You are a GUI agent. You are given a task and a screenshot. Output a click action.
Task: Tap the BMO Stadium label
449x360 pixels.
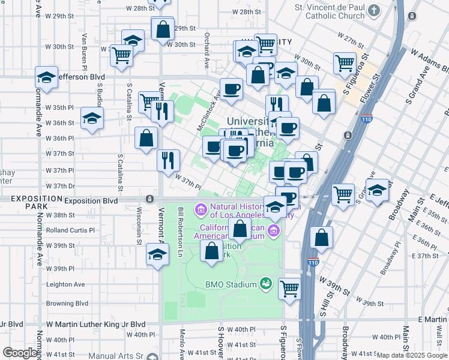click(x=231, y=284)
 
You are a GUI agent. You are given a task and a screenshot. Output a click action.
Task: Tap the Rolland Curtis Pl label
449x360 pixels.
click(x=70, y=230)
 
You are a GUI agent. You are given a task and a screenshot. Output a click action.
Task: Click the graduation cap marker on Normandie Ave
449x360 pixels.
click(x=46, y=77)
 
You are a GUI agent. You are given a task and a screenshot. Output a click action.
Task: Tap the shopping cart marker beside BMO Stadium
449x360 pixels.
click(x=290, y=288)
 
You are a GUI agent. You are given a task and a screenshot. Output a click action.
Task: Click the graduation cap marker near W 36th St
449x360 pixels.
click(x=92, y=118)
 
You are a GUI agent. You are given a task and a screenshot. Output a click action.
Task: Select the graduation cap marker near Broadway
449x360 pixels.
click(x=377, y=190)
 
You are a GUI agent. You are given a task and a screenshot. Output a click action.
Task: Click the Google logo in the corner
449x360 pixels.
click(x=20, y=353)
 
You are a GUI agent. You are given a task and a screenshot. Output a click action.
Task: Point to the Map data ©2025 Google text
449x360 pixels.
click(x=412, y=355)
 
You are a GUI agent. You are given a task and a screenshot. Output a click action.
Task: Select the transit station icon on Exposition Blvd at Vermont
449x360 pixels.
click(x=149, y=199)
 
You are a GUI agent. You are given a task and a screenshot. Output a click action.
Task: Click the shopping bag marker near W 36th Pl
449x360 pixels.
click(x=146, y=139)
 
